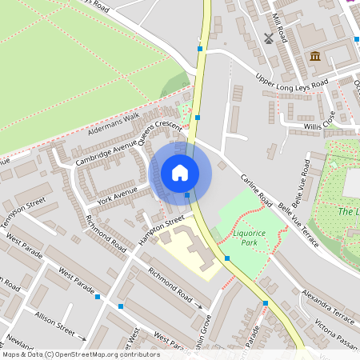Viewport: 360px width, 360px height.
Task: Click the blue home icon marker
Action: [x=180, y=172]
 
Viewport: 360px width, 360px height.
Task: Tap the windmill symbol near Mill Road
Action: [x=269, y=38]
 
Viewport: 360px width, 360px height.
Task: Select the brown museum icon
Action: [x=314, y=56]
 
